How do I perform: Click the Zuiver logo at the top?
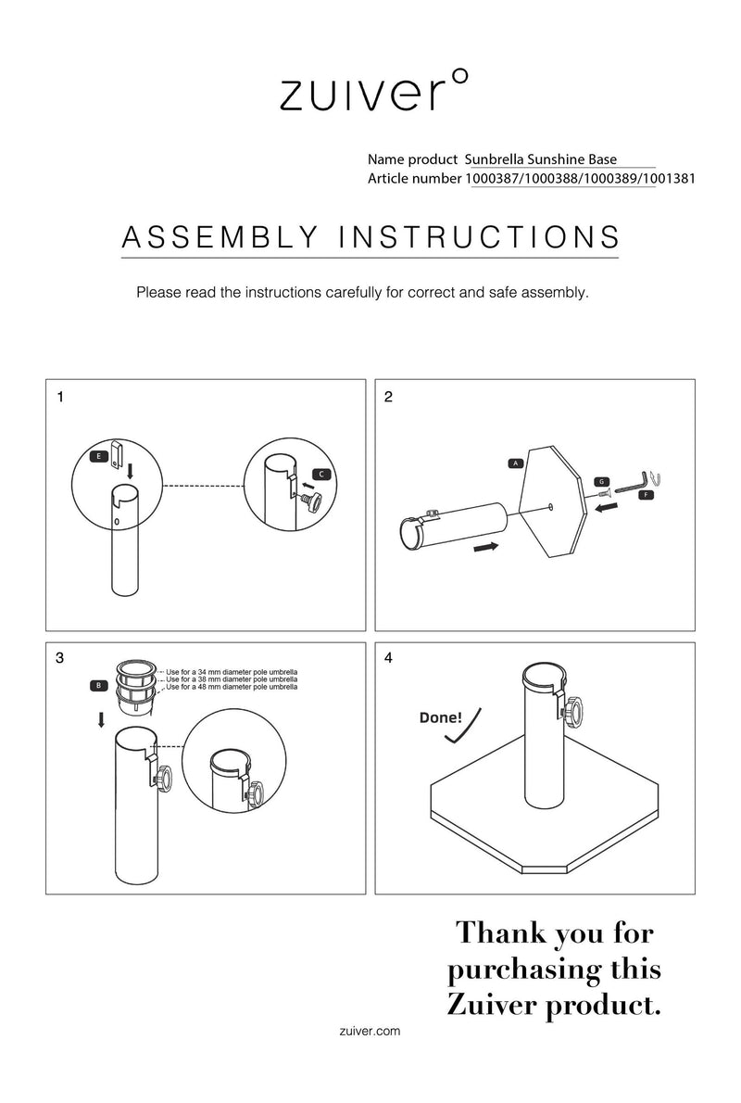tap(373, 91)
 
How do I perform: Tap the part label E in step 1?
tap(99, 457)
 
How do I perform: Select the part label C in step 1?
tap(321, 475)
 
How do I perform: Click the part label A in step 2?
tap(516, 463)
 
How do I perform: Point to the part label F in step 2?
tap(647, 495)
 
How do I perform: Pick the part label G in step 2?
tap(602, 482)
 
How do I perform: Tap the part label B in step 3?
tap(99, 685)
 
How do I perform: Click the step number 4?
tap(389, 658)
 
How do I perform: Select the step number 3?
tap(60, 658)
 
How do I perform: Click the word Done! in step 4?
tap(441, 717)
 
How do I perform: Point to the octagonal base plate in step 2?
tap(552, 501)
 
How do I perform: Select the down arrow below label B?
tap(101, 719)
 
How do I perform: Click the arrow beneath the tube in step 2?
tap(486, 547)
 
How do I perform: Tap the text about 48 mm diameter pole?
tap(232, 687)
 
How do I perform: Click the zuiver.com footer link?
tap(370, 1032)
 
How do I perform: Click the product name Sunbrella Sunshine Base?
tap(541, 159)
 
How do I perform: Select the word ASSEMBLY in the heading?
tap(220, 238)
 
